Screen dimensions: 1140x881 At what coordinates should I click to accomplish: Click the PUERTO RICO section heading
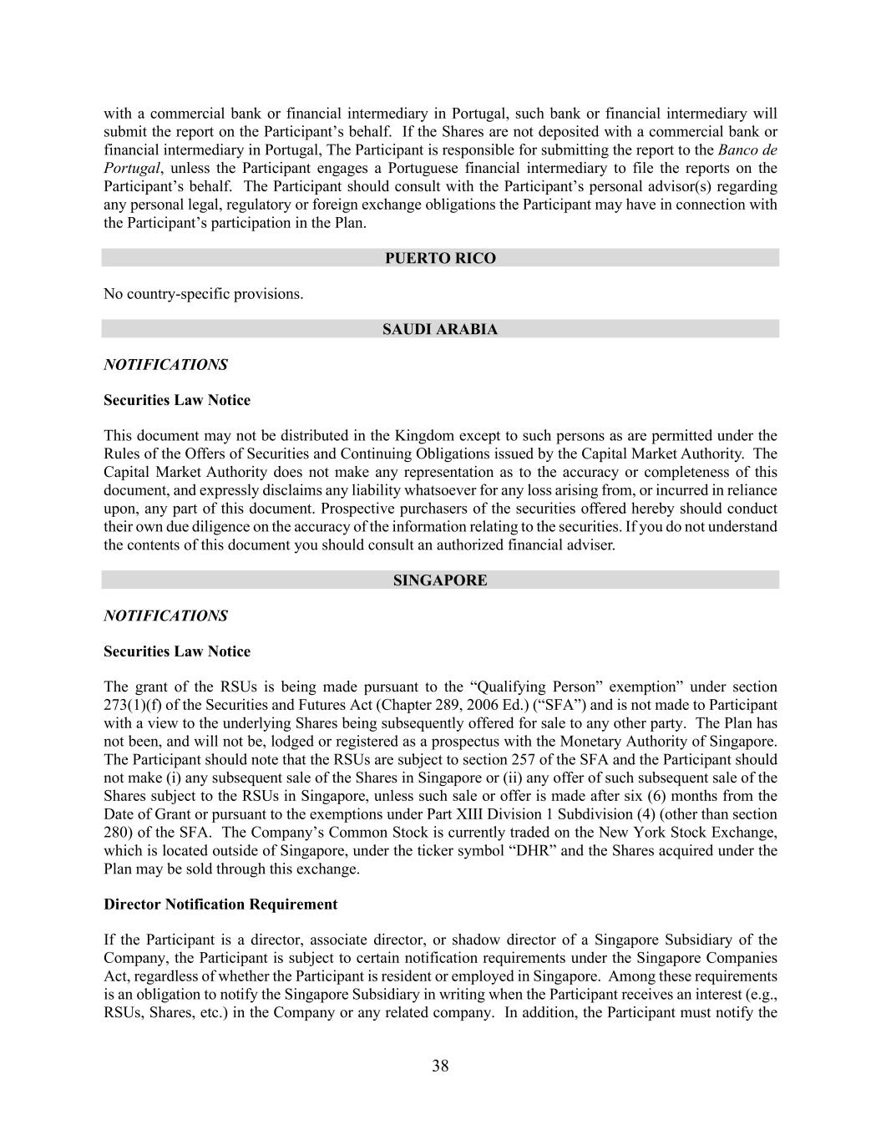coord(440,258)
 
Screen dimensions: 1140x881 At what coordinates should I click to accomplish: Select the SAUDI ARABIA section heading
coord(440,329)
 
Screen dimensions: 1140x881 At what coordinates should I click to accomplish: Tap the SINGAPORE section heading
coord(440,580)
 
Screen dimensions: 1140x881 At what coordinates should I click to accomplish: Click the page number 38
coord(440,1066)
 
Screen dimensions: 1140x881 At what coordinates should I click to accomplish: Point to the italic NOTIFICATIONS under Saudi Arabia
coord(165,365)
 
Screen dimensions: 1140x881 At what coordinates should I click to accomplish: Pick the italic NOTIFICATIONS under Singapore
coord(165,616)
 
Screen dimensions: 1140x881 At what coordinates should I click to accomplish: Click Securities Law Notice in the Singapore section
coord(177,651)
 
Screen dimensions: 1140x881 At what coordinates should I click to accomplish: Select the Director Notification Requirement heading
coord(220,904)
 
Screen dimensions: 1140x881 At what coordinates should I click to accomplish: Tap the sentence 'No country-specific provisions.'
coord(203,294)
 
